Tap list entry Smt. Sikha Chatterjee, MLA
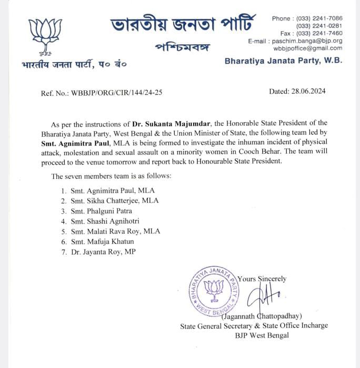(x=118, y=201)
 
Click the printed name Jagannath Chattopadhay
(x=262, y=316)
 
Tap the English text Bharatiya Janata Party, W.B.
(x=283, y=61)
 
